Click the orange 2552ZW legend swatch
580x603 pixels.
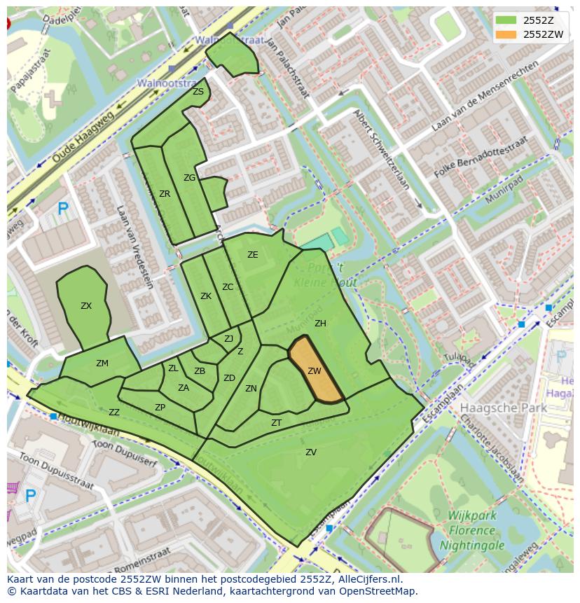[508, 34]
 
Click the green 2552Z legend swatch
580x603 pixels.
[508, 20]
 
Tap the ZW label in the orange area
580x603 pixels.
[315, 371]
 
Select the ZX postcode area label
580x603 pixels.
[86, 306]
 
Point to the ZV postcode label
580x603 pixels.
[311, 452]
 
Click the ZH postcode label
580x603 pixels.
[320, 324]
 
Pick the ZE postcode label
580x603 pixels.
[253, 255]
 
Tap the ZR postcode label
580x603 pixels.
[165, 194]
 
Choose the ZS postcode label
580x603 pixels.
[198, 92]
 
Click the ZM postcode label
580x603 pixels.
[102, 363]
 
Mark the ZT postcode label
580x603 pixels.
[276, 423]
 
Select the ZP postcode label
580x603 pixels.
[160, 408]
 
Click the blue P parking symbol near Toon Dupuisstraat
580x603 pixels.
[30, 495]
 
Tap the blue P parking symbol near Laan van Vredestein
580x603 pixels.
[63, 208]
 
